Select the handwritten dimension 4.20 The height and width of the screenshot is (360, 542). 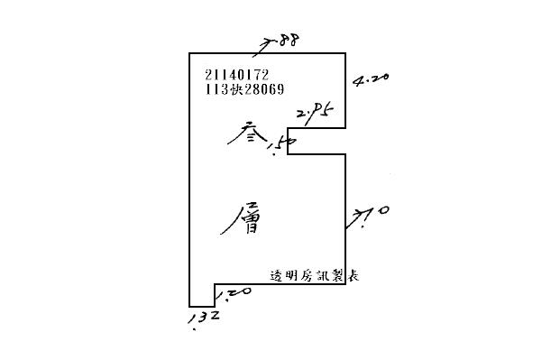pyautogui.click(x=372, y=79)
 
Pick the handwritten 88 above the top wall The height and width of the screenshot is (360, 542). pyautogui.click(x=289, y=41)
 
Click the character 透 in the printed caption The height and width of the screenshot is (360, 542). pyautogui.click(x=276, y=276)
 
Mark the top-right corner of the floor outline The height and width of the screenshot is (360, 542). pyautogui.click(x=346, y=53)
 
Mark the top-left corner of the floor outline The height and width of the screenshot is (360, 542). pyautogui.click(x=188, y=53)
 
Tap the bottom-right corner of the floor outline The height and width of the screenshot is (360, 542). pyautogui.click(x=346, y=284)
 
